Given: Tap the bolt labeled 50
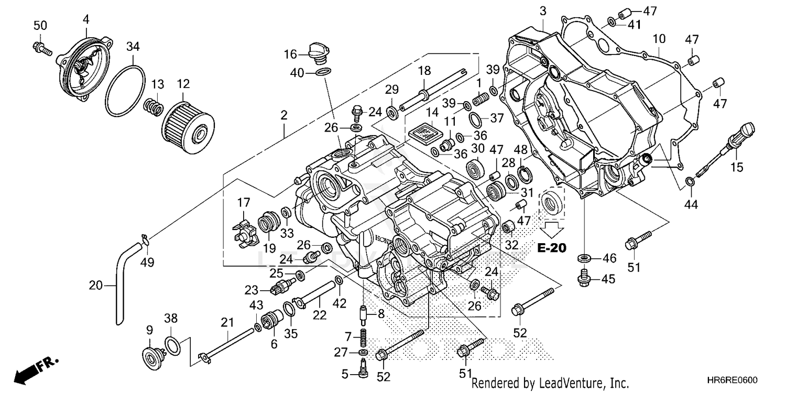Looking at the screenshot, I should click(42, 48).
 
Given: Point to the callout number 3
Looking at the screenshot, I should click(542, 11).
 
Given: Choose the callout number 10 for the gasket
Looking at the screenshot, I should click(659, 38).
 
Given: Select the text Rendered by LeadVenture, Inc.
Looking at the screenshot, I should click(550, 383).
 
